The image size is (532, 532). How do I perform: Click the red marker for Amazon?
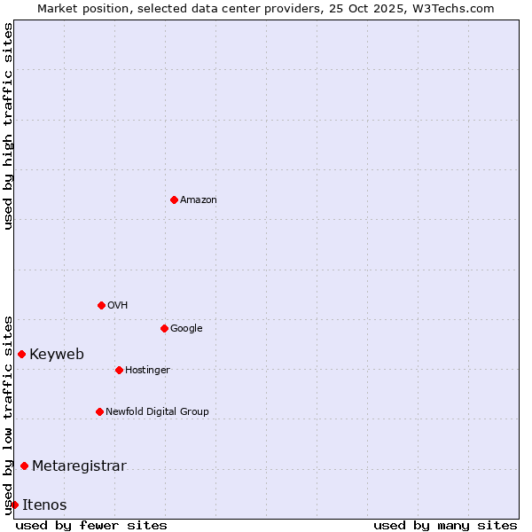pyautogui.click(x=174, y=199)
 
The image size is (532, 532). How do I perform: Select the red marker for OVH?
pyautogui.click(x=101, y=305)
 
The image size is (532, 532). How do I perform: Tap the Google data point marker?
pyautogui.click(x=164, y=328)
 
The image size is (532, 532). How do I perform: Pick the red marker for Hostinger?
pyautogui.click(x=119, y=370)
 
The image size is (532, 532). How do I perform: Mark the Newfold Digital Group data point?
pyautogui.click(x=99, y=411)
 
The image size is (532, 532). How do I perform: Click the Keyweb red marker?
pyautogui.click(x=21, y=354)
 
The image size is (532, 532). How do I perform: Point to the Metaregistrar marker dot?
pyautogui.click(x=24, y=465)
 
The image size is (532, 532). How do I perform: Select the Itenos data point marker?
pyautogui.click(x=14, y=505)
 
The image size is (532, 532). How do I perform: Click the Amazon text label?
pyautogui.click(x=199, y=200)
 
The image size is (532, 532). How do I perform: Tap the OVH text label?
pyautogui.click(x=118, y=306)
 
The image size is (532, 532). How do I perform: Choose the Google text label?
pyautogui.click(x=186, y=329)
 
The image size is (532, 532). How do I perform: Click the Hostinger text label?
pyautogui.click(x=147, y=371)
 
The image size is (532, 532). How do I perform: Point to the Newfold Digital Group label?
pyautogui.click(x=157, y=412)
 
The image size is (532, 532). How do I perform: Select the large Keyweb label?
pyautogui.click(x=57, y=355)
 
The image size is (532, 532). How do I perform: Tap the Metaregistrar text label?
pyautogui.click(x=79, y=466)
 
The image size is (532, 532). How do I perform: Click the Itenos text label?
pyautogui.click(x=44, y=505)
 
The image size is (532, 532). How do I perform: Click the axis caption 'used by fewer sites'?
pyautogui.click(x=91, y=526)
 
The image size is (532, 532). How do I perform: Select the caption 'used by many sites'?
pyautogui.click(x=445, y=526)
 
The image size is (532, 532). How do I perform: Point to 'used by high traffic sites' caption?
pyautogui.click(x=8, y=126)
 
